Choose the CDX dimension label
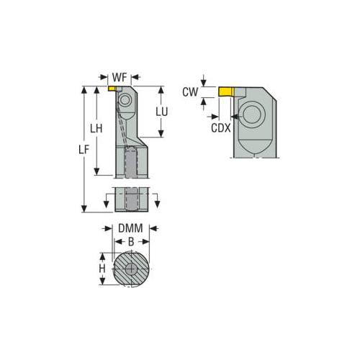(221, 127)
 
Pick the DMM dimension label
(130, 229)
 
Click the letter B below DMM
(130, 243)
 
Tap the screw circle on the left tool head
(125, 102)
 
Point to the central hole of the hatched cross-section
(130, 270)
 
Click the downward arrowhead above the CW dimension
(204, 84)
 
